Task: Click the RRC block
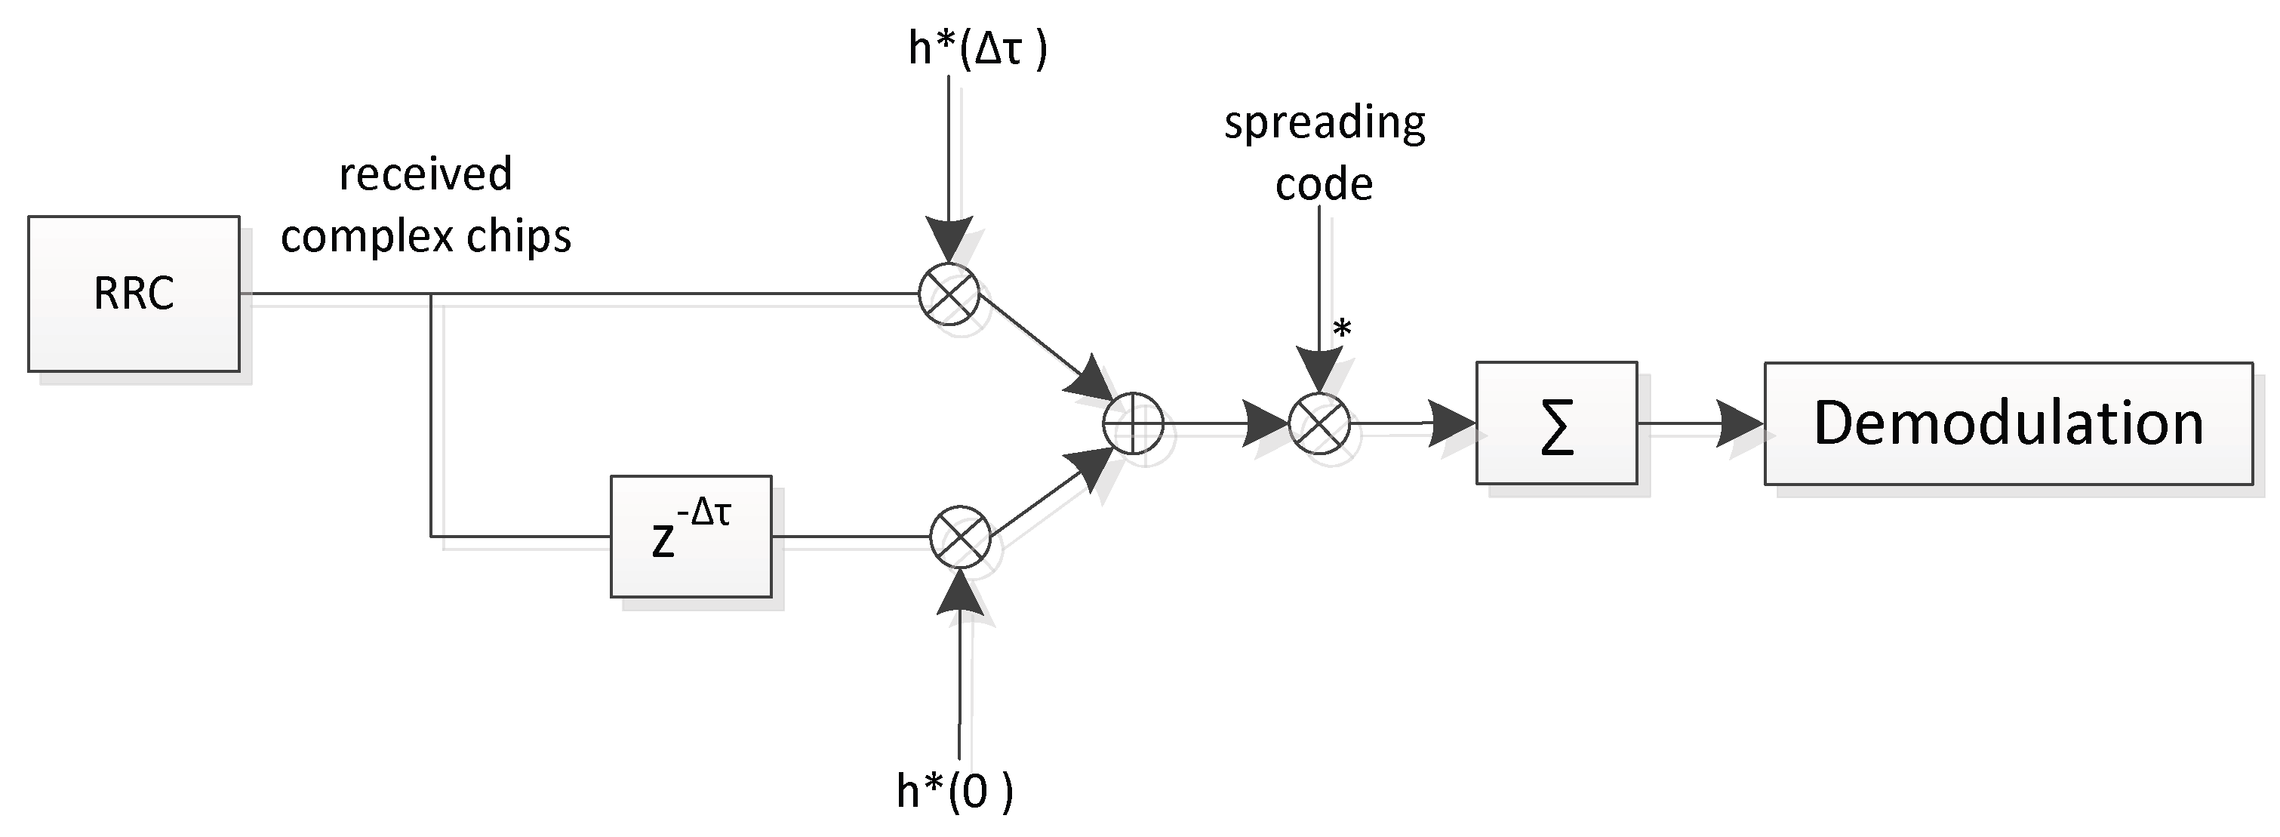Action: (x=134, y=294)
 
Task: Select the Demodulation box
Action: (x=2008, y=423)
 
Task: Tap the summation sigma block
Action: (x=1556, y=423)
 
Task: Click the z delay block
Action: (x=691, y=536)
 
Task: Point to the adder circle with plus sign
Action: (x=1133, y=424)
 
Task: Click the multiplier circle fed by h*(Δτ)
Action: (x=949, y=294)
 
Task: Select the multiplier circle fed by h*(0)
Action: (x=960, y=536)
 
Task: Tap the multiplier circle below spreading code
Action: (x=1318, y=424)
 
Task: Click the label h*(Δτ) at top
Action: (x=977, y=48)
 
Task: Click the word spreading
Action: (x=1324, y=122)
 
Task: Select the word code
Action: (x=1323, y=184)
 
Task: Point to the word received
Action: (x=426, y=174)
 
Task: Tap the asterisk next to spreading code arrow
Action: (x=1343, y=330)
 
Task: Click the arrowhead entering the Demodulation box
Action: (x=1740, y=423)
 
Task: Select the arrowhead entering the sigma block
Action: (x=1451, y=423)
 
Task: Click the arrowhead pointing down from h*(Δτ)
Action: (x=949, y=239)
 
